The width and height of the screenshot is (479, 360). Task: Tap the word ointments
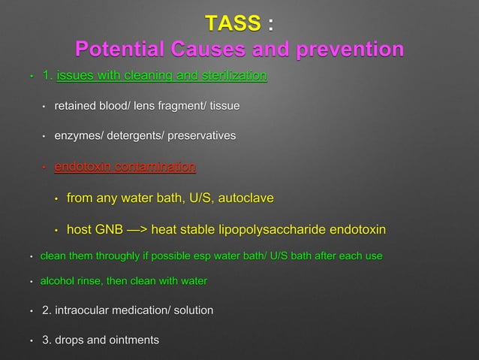tap(134, 340)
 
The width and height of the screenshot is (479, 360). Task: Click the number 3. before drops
tap(48, 340)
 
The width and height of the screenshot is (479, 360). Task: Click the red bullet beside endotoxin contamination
tap(44, 167)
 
